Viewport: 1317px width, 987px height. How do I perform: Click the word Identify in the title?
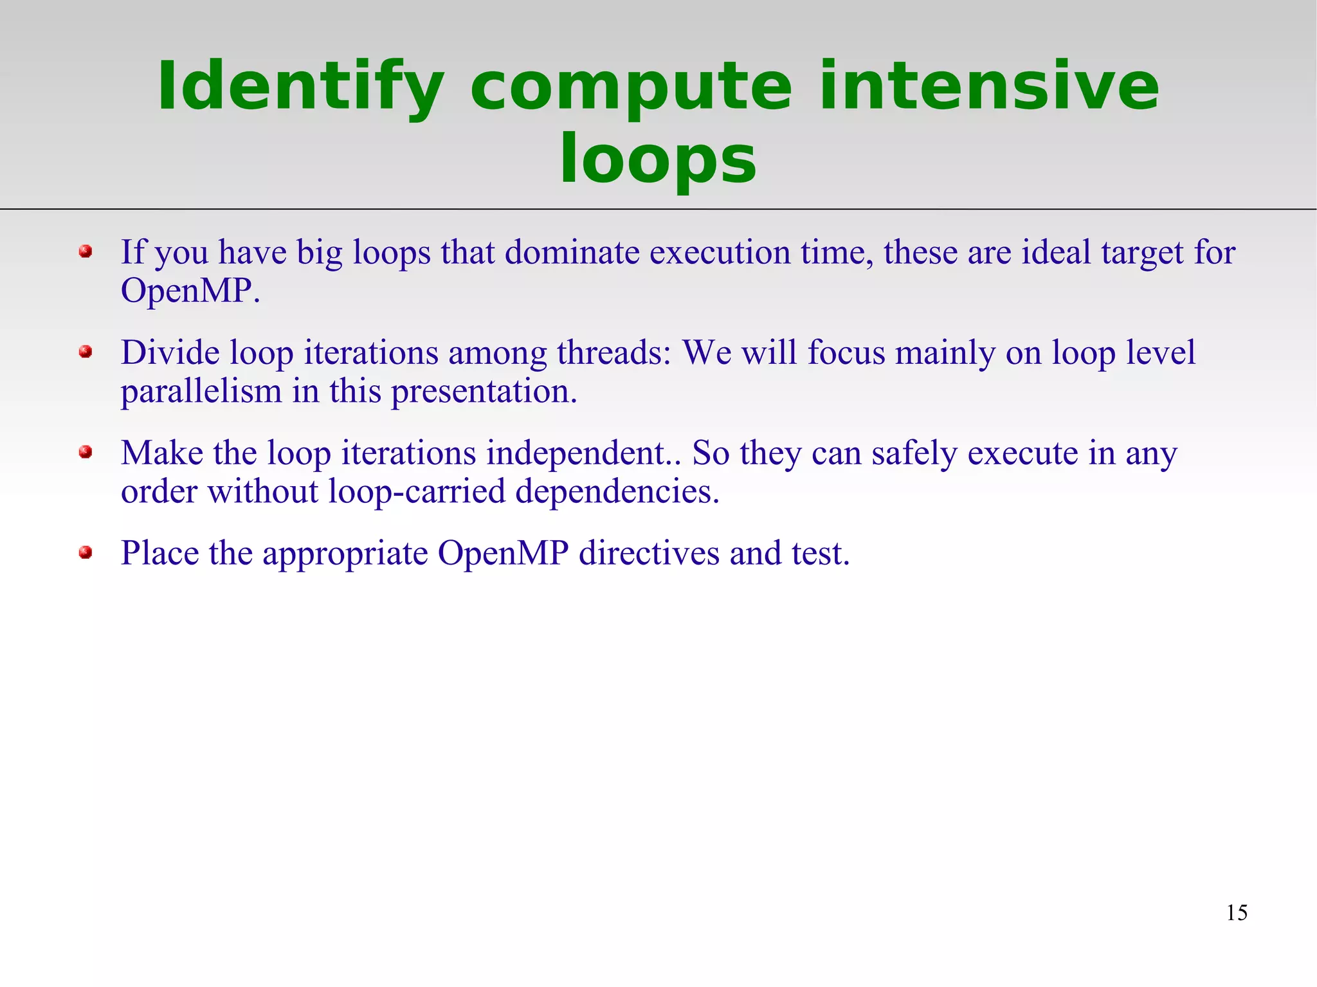coord(301,87)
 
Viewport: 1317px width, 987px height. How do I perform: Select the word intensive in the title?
coord(989,87)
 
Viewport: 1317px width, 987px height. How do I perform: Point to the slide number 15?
coord(1236,912)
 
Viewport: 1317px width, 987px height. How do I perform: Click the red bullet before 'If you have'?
coord(86,251)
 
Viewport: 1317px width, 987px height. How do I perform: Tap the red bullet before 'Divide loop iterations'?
coord(86,352)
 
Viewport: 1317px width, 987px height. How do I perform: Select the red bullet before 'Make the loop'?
coord(86,452)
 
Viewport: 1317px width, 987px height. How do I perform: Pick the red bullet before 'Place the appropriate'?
coord(86,552)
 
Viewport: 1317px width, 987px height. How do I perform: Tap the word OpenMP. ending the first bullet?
coord(190,291)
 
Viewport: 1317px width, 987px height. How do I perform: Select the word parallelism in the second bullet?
coord(201,392)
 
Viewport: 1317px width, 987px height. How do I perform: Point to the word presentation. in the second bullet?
coord(484,392)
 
